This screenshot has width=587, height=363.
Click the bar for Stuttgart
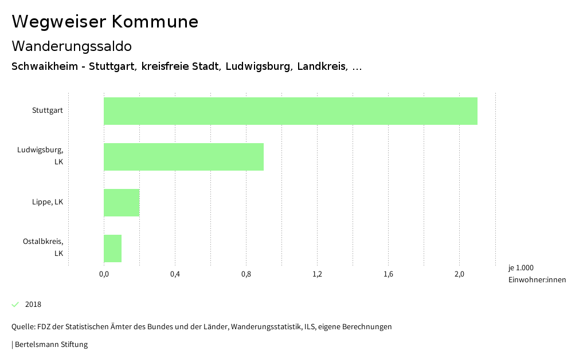(290, 111)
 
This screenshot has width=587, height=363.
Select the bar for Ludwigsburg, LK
(183, 157)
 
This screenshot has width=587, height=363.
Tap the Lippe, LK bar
(122, 203)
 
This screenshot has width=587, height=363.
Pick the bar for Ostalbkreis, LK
(112, 248)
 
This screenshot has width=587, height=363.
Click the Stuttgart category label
(48, 111)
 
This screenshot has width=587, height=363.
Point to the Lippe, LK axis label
(48, 202)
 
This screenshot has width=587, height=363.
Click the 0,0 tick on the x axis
(104, 274)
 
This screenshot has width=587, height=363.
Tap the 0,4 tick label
(175, 274)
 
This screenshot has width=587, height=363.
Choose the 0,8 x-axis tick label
(246, 274)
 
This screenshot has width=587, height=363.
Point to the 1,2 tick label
(317, 274)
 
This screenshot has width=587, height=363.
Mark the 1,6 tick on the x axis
(388, 274)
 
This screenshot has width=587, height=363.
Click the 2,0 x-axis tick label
(459, 274)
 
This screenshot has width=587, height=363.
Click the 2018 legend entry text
(33, 305)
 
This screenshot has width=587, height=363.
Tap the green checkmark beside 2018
(15, 304)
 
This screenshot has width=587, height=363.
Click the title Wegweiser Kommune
(105, 22)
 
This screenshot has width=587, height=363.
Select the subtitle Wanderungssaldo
(72, 46)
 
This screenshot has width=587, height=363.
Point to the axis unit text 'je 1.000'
(521, 268)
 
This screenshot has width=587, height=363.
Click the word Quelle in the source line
(23, 327)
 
